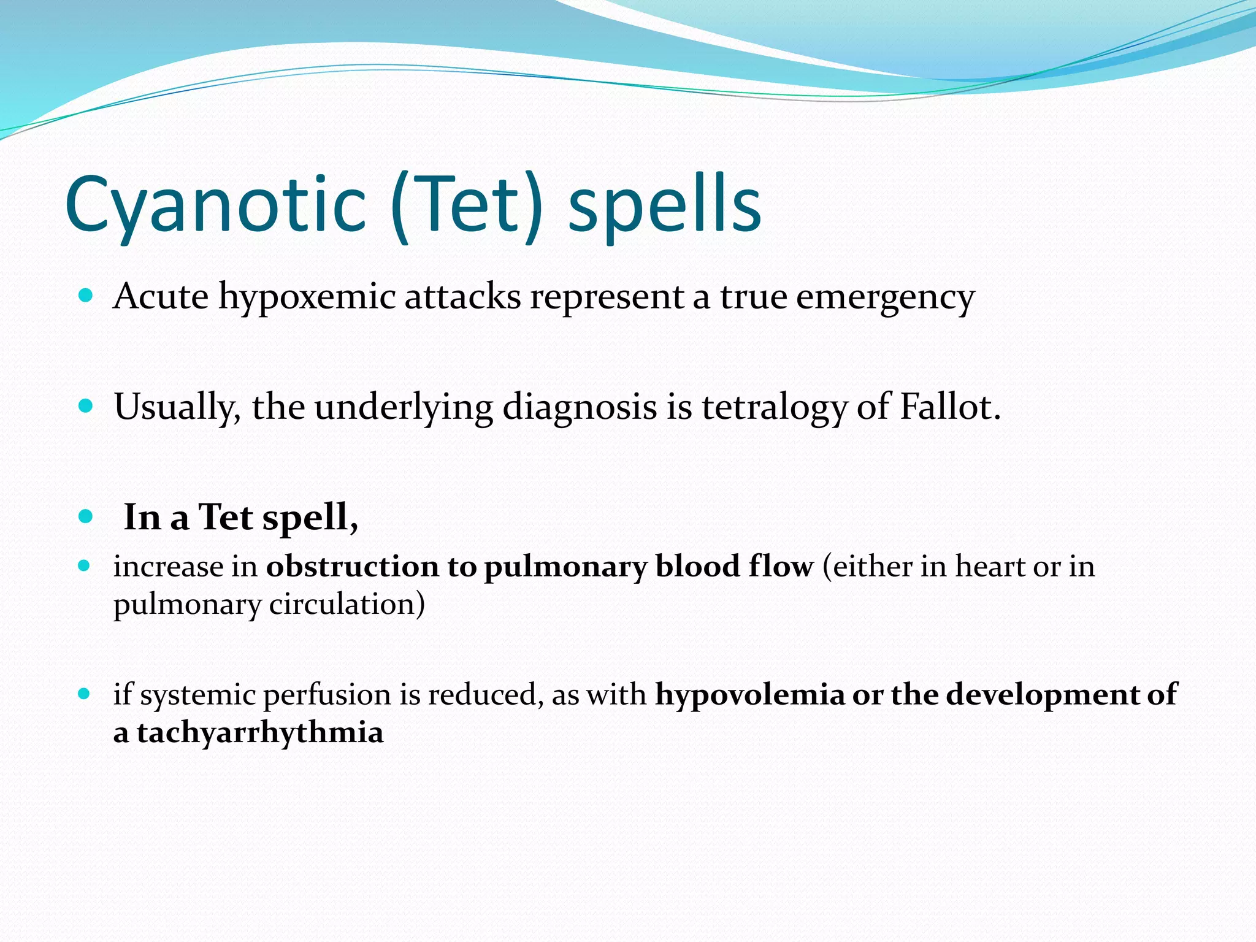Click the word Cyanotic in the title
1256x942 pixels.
click(215, 205)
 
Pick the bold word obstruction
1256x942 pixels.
click(352, 567)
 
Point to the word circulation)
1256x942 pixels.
click(347, 605)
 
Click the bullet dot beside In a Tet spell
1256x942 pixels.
click(86, 516)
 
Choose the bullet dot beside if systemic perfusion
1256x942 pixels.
click(85, 694)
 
